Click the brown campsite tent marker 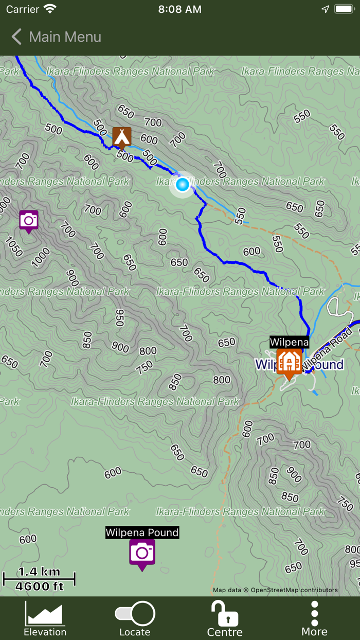tap(122, 136)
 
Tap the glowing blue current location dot tap(182, 184)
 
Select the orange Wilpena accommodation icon tap(289, 362)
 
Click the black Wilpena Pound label tap(142, 532)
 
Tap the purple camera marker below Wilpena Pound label tap(142, 553)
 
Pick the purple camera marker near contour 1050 tap(29, 220)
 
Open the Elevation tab tap(45, 619)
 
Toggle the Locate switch tap(135, 614)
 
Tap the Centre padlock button tap(225, 619)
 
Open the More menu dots tap(314, 619)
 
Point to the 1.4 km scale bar tap(39, 579)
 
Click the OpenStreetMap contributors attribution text tap(276, 590)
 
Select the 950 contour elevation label tap(119, 318)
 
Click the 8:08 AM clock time tap(180, 9)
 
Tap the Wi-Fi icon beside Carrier tap(50, 9)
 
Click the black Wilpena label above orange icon tap(289, 342)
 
